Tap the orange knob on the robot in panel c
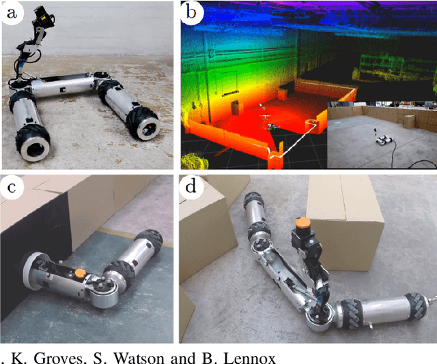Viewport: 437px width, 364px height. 81,273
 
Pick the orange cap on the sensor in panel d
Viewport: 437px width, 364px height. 300,223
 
